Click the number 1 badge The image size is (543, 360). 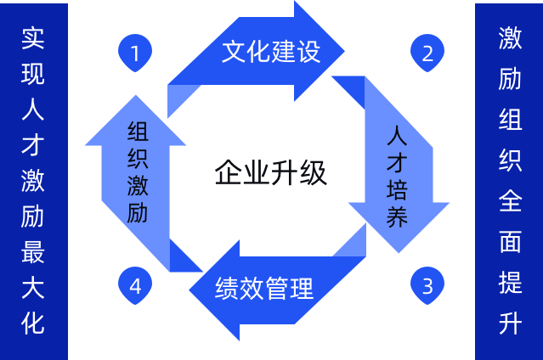click(135, 53)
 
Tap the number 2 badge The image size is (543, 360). click(427, 53)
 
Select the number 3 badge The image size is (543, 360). click(427, 284)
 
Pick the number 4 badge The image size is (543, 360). click(135, 284)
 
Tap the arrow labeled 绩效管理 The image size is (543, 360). click(264, 288)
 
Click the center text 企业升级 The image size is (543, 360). click(270, 173)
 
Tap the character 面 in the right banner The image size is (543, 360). click(510, 243)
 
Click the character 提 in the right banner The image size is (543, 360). click(510, 284)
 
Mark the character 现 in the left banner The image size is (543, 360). click(33, 73)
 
